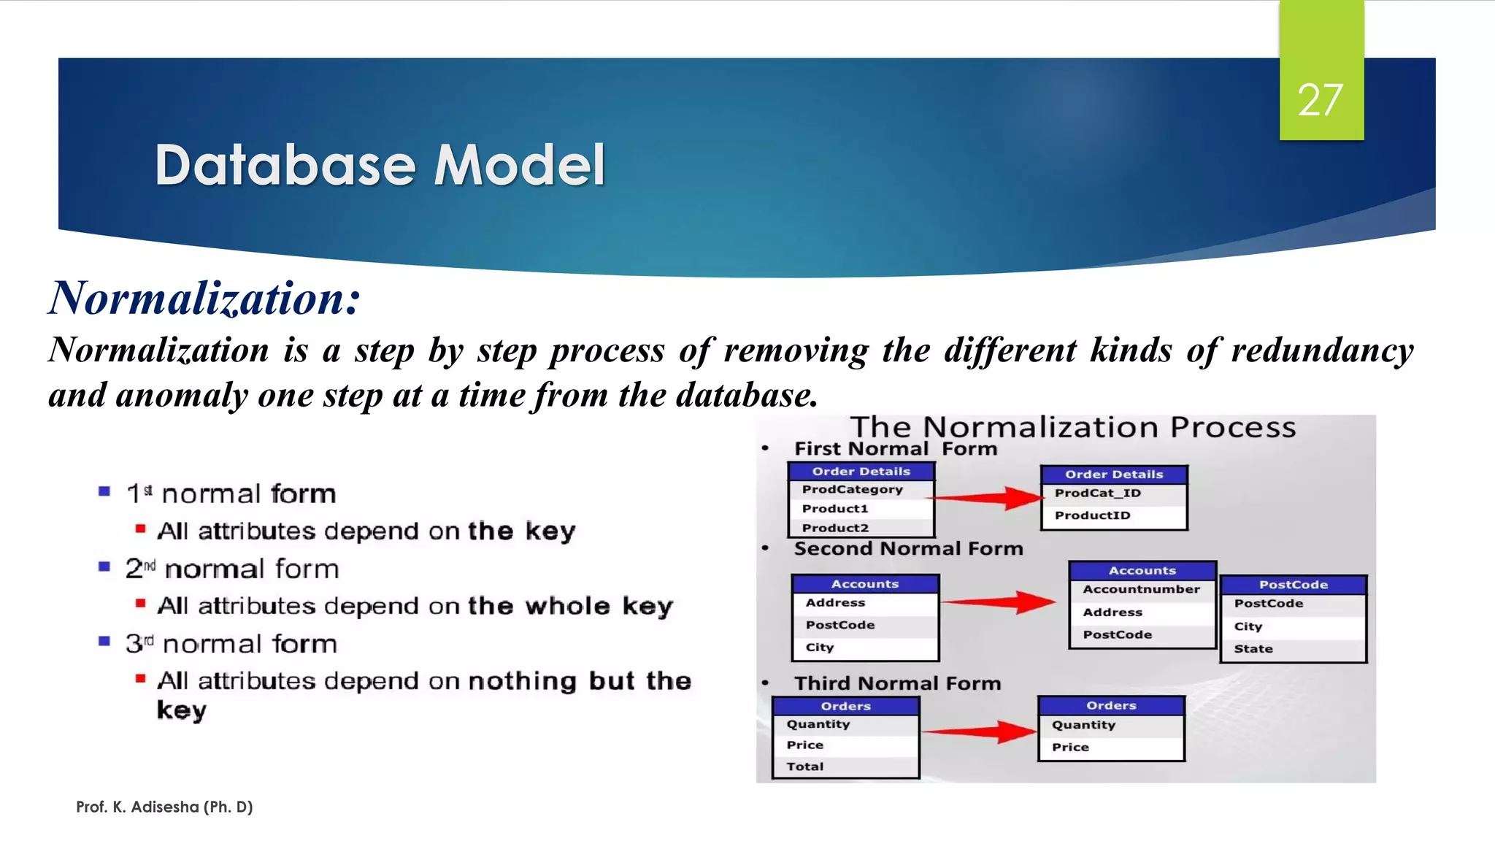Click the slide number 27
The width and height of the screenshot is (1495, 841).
click(1320, 100)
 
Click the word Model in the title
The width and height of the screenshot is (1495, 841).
click(519, 165)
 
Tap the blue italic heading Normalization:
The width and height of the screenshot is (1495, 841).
click(204, 299)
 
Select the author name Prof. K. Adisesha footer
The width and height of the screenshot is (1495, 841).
click(164, 807)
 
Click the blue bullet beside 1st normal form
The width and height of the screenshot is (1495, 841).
click(104, 492)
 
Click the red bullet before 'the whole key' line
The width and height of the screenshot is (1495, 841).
click(140, 603)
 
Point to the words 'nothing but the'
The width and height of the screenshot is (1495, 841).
click(579, 681)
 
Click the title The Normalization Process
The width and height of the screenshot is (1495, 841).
click(1072, 427)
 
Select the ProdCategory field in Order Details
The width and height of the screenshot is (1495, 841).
click(852, 489)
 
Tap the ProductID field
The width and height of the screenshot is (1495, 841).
click(1092, 515)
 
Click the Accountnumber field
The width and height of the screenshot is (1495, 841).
click(1141, 589)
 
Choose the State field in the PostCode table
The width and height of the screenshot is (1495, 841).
click(1253, 648)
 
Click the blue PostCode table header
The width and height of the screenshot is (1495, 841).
click(1293, 585)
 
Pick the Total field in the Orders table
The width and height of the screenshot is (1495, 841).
click(804, 767)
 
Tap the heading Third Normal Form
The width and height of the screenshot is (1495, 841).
click(897, 683)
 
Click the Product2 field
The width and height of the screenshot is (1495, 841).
click(835, 528)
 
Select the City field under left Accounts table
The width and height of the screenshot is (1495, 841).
click(819, 648)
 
